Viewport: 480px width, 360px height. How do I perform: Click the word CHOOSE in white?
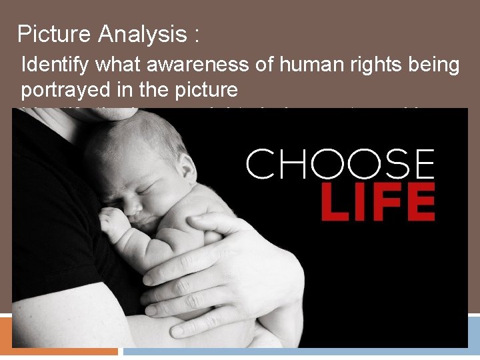(340, 164)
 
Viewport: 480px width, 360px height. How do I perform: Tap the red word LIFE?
(378, 203)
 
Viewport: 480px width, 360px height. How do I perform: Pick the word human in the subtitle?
(314, 65)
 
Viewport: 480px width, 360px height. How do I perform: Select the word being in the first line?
(437, 65)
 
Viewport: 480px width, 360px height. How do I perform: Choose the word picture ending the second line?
(203, 90)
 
